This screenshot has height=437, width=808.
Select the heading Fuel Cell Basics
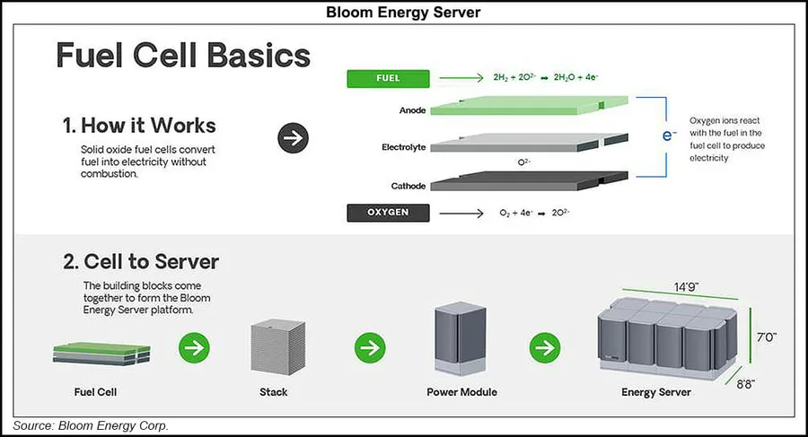coord(183,56)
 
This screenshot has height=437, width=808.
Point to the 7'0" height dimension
coord(765,336)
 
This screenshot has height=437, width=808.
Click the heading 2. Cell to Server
coord(141,262)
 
